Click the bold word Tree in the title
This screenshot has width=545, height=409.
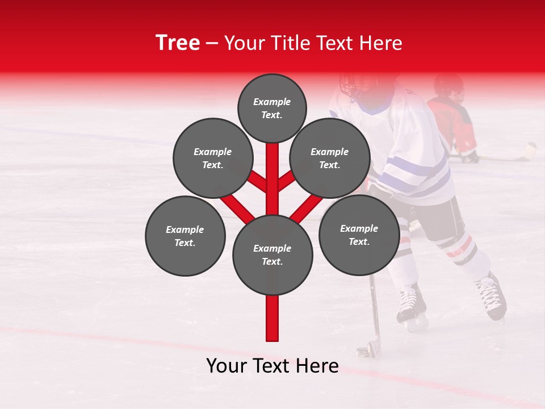178,43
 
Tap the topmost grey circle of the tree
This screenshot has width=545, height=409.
272,108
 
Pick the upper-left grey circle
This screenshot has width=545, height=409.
212,158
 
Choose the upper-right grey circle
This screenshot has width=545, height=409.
329,158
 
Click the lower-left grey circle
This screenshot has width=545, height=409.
185,236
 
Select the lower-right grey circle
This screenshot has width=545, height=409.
359,235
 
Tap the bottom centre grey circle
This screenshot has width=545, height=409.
272,254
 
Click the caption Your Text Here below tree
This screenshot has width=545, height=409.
272,366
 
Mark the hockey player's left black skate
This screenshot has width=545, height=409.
410,304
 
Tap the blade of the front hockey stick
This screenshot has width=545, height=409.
366,349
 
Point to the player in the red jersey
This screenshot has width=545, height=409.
454,122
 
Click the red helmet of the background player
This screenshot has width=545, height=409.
448,86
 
